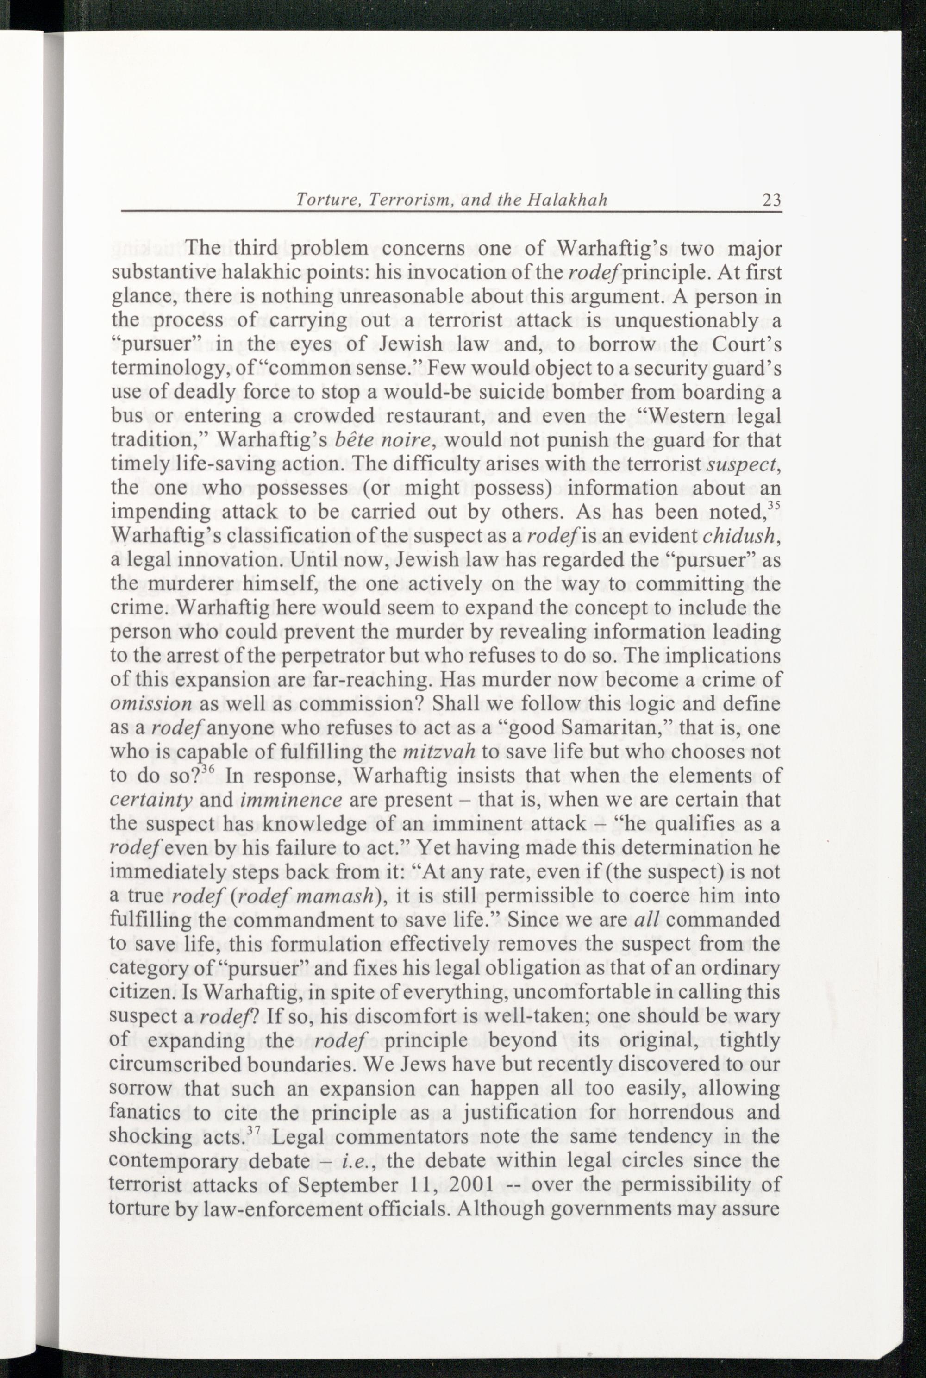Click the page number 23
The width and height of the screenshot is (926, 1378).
coord(772,200)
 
